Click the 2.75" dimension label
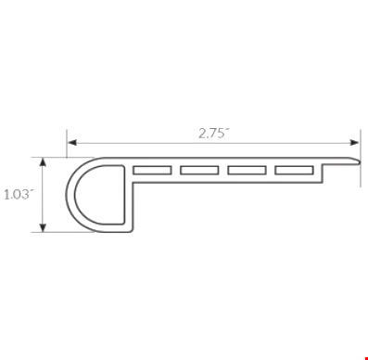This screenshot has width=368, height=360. (214, 134)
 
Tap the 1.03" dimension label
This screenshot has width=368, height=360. (19, 195)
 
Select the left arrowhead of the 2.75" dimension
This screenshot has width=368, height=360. (72, 143)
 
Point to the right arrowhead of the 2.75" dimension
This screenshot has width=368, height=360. (354, 143)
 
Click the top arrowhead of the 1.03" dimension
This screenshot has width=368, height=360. (44, 162)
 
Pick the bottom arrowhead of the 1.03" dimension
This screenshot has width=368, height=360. (44, 227)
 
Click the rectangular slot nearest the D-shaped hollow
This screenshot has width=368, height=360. (152, 170)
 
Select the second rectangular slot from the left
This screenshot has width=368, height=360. (199, 170)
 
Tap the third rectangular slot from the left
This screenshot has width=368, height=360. (247, 170)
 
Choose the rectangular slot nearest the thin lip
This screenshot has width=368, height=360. (295, 170)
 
